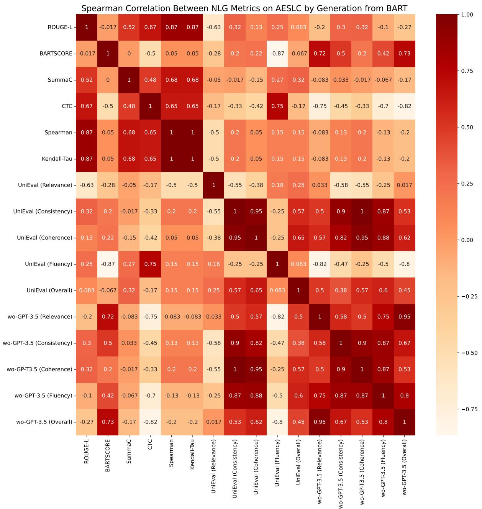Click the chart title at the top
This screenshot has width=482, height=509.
(244, 8)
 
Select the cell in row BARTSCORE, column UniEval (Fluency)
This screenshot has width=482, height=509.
(277, 54)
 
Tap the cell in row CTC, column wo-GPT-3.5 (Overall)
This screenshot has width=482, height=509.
(405, 106)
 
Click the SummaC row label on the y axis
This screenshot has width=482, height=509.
(61, 80)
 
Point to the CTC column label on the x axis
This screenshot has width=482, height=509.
(150, 444)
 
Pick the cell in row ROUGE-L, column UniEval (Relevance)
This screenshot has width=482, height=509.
(214, 27)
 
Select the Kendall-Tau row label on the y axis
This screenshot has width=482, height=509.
(57, 159)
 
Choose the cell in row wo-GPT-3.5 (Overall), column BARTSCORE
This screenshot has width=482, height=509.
(108, 422)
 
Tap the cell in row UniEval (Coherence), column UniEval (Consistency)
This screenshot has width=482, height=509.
(235, 238)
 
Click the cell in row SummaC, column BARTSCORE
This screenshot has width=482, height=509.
(108, 80)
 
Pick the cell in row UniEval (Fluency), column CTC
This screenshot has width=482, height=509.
(150, 264)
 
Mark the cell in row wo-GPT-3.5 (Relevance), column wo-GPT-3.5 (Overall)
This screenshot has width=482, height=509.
(405, 317)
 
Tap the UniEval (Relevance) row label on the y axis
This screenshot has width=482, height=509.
(45, 185)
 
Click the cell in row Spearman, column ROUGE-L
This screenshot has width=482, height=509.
(87, 133)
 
